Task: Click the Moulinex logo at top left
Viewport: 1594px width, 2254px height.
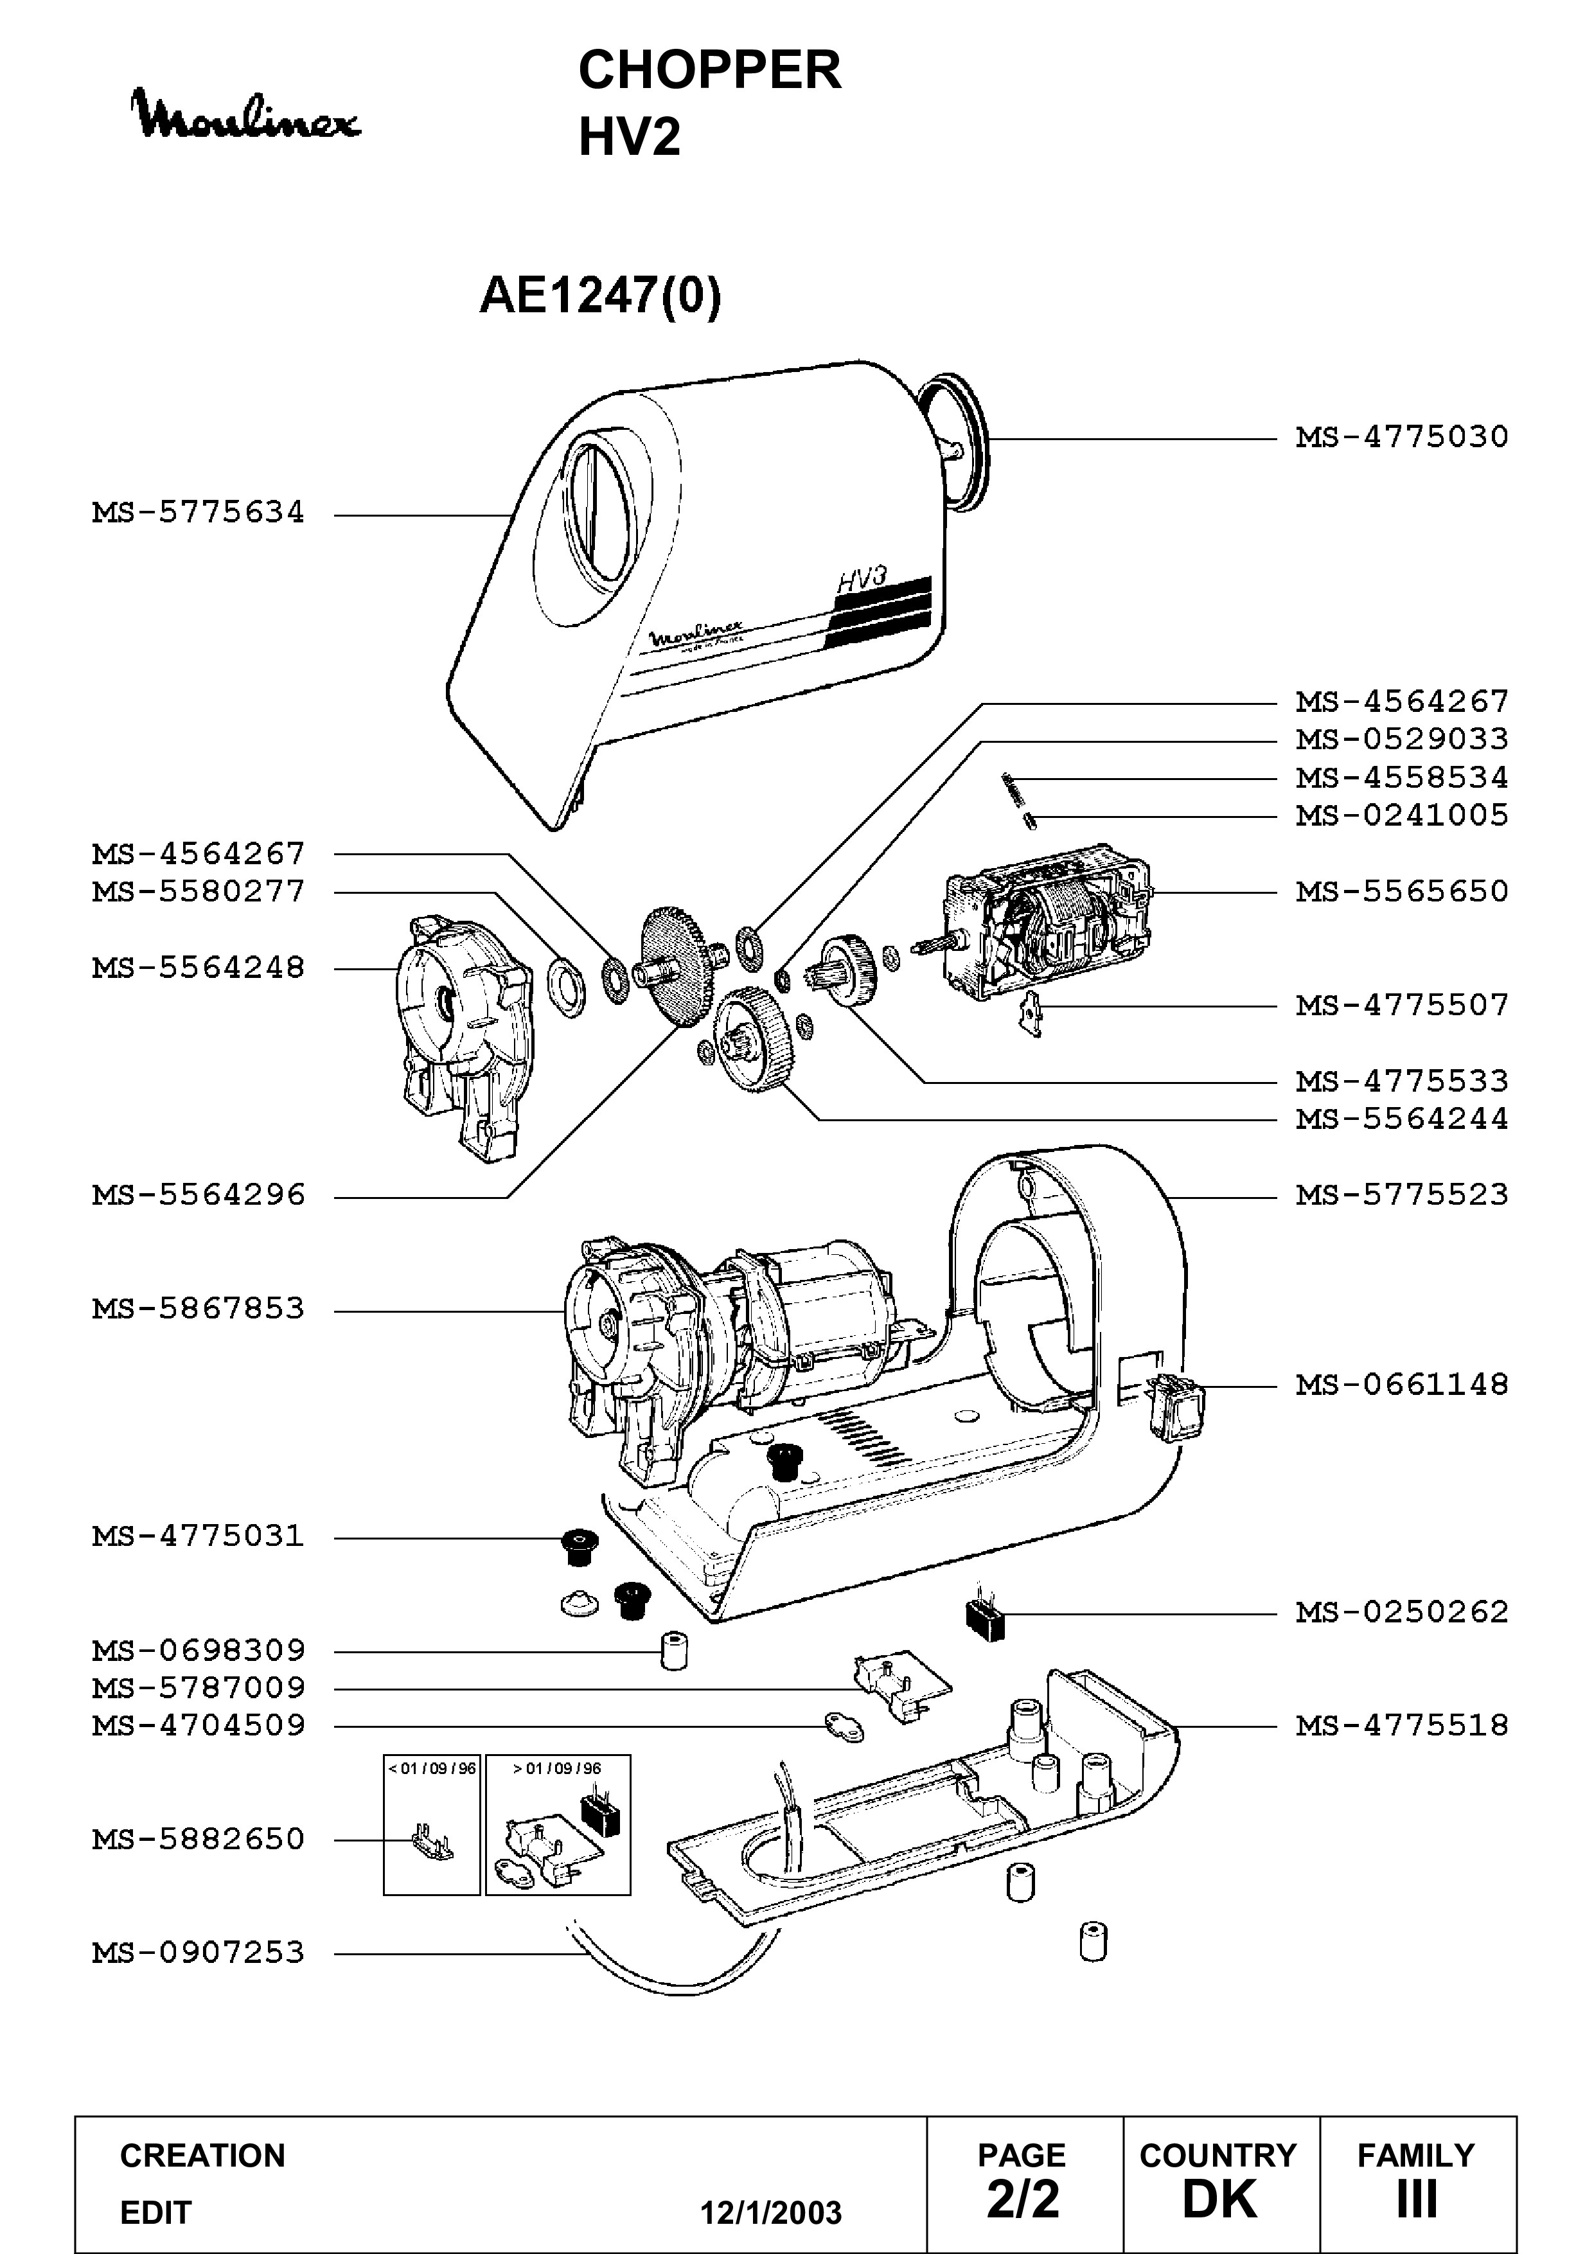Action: point(247,115)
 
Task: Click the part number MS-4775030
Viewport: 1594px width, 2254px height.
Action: point(1402,437)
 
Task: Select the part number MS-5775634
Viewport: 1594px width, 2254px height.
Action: point(199,513)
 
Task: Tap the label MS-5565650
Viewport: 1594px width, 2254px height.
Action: point(1402,891)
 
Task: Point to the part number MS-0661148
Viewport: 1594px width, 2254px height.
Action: point(1402,1385)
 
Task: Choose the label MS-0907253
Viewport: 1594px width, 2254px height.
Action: point(199,1953)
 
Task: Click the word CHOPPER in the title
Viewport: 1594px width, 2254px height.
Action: point(710,71)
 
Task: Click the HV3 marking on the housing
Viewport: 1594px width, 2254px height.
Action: point(862,578)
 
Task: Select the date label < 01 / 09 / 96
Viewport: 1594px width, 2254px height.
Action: point(432,1768)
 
